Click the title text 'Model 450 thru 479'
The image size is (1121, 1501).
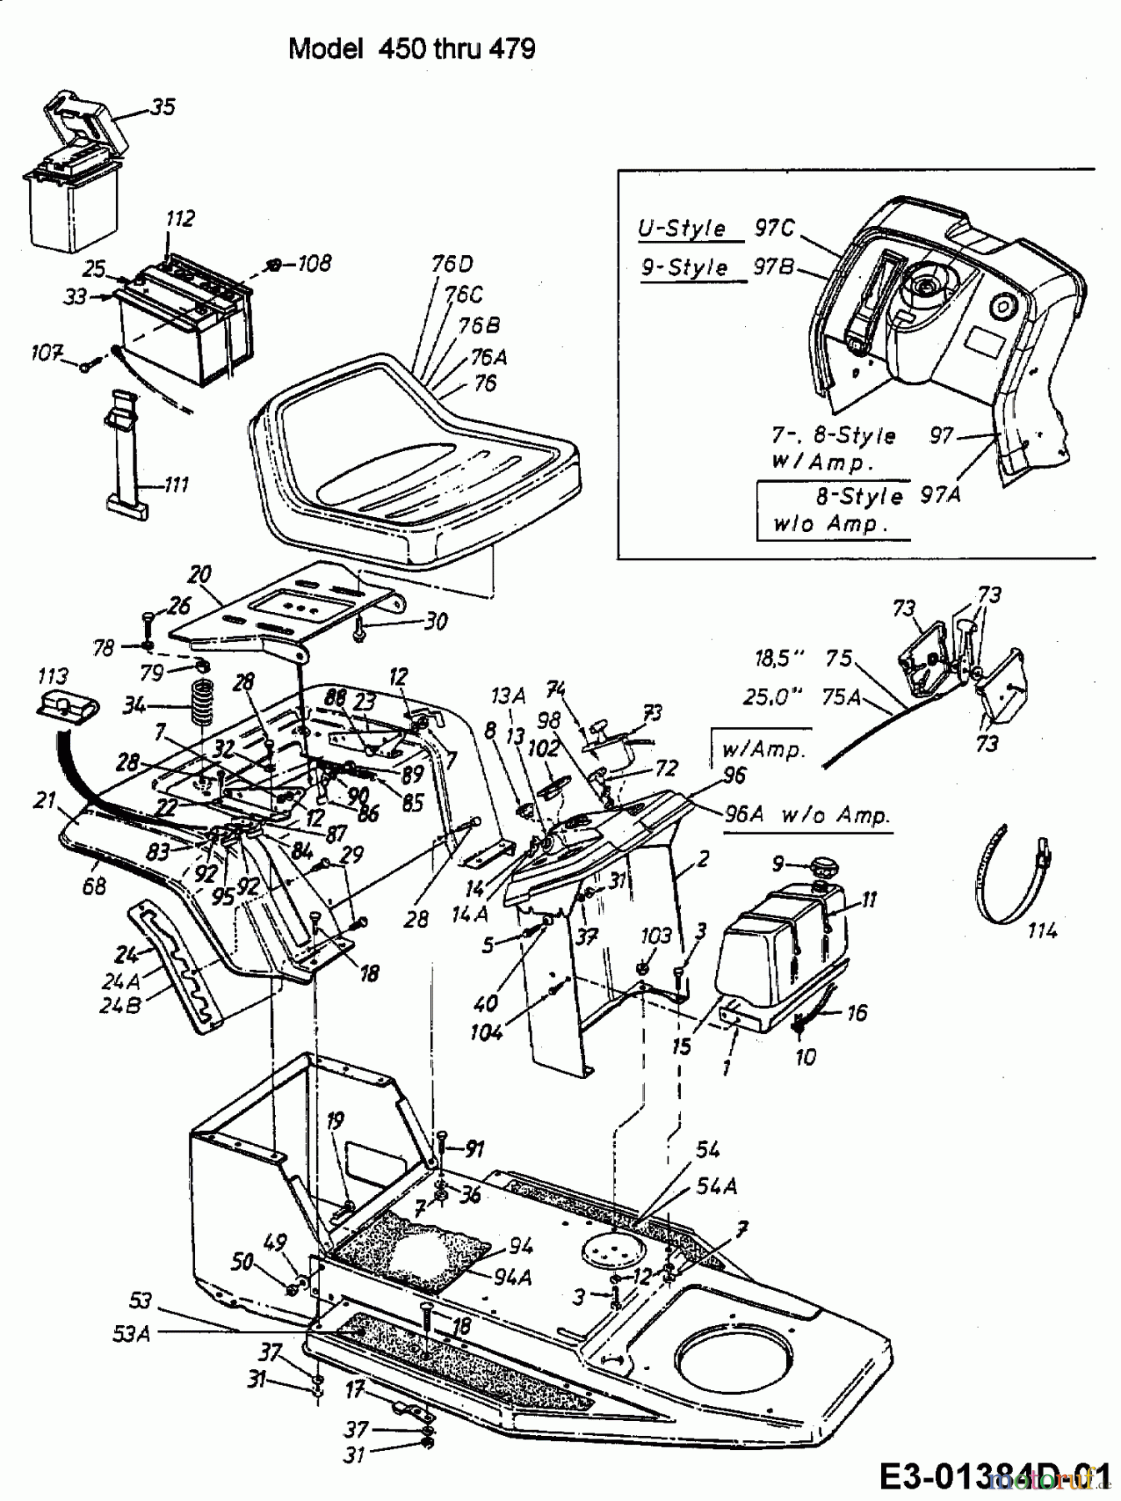click(412, 49)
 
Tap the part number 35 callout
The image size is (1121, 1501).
click(163, 107)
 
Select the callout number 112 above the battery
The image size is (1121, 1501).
click(180, 218)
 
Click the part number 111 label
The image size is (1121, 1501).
click(176, 484)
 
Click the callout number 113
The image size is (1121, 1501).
click(53, 675)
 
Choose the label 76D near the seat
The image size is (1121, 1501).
click(453, 264)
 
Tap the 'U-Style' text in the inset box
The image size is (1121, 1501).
click(682, 228)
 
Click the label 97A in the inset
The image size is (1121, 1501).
click(940, 494)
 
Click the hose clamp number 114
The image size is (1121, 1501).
click(1042, 930)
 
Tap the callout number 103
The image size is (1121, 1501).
click(656, 936)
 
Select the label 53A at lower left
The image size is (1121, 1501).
click(133, 1333)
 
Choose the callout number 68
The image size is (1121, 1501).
click(94, 886)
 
